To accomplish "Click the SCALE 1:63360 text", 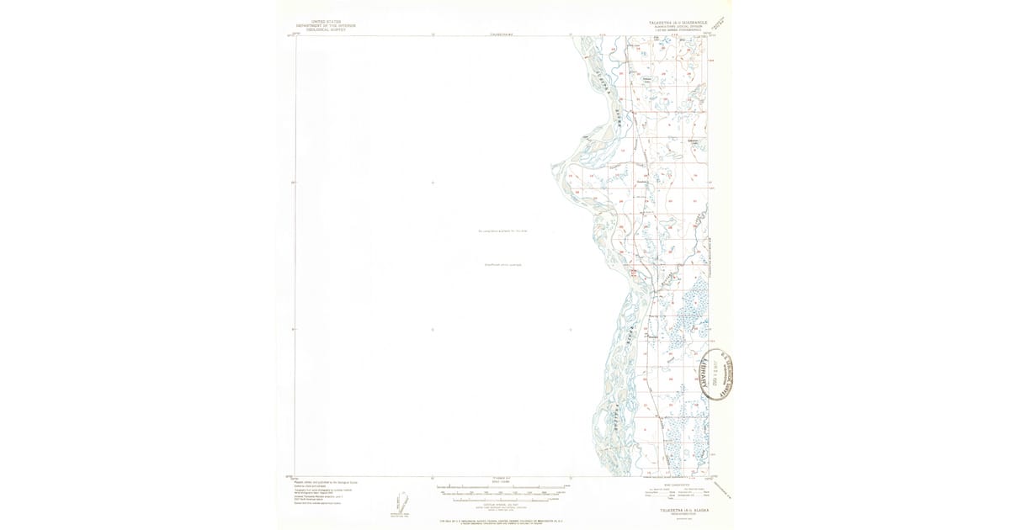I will coord(502,480).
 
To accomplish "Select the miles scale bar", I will coord(502,487).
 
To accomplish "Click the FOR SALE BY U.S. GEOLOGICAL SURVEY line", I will coord(502,522).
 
